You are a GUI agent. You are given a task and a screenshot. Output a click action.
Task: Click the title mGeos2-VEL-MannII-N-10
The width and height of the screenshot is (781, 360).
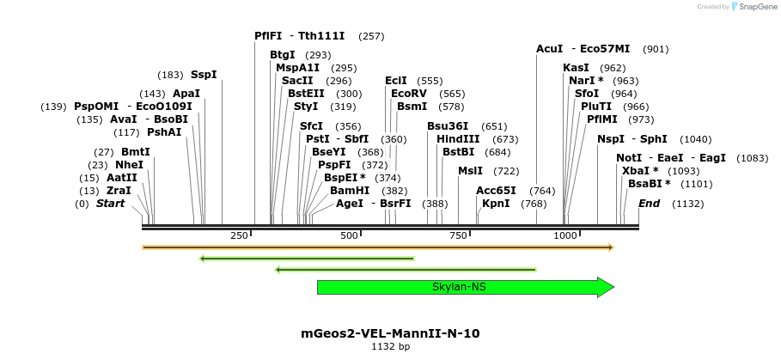point(390,333)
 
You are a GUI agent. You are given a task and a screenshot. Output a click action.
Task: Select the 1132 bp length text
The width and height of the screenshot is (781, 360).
point(390,347)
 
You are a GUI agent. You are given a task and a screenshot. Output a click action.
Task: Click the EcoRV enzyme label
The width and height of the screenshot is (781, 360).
point(408,93)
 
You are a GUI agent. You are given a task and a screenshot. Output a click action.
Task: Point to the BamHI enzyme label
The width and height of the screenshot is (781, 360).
point(350,191)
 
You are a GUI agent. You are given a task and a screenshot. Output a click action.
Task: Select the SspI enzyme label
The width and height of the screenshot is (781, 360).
point(204,75)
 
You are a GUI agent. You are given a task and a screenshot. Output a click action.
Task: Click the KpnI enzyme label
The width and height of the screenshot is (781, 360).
point(496,204)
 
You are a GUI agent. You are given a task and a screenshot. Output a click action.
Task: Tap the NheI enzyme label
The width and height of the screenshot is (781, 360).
point(129,165)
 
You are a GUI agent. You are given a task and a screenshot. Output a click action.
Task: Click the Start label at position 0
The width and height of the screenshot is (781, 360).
point(110,204)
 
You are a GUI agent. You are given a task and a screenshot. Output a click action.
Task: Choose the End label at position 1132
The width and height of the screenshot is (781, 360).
point(649,204)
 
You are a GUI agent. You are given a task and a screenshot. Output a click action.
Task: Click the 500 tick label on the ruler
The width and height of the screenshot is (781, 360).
point(349,235)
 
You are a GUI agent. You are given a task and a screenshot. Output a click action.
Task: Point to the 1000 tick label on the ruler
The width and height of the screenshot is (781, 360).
point(564,235)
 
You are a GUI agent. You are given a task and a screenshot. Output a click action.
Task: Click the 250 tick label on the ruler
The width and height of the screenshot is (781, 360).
point(239,235)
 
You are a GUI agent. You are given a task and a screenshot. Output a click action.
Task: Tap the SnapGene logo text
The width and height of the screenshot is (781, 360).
point(756,7)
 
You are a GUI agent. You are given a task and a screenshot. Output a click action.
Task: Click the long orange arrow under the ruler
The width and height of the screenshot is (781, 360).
point(378,247)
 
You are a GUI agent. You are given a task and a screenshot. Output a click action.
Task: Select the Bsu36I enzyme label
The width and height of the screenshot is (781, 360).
point(448,126)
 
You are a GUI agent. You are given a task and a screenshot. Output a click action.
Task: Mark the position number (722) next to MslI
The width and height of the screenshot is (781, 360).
point(506,171)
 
